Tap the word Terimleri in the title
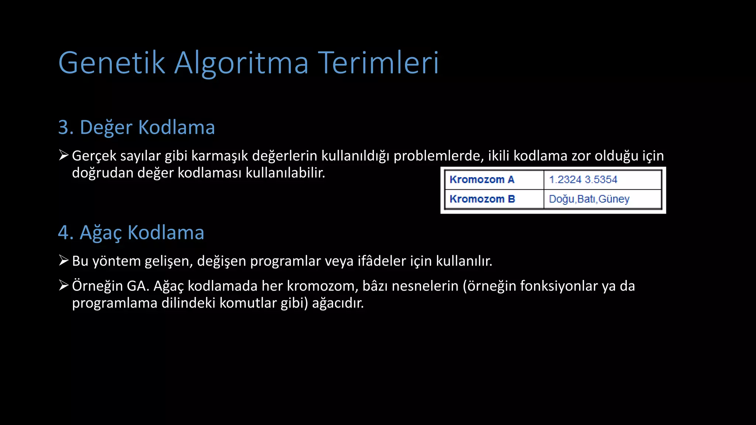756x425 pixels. point(378,63)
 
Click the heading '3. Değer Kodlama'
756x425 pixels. point(137,127)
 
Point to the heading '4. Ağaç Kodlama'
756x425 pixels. point(131,233)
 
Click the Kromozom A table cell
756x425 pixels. point(482,180)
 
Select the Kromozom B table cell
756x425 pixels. point(482,199)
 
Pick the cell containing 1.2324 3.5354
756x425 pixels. point(583,180)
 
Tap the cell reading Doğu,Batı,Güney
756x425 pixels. point(589,199)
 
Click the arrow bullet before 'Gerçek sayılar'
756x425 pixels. point(63,155)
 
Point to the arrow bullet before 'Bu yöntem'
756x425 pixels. point(63,260)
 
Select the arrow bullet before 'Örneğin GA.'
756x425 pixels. point(63,285)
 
